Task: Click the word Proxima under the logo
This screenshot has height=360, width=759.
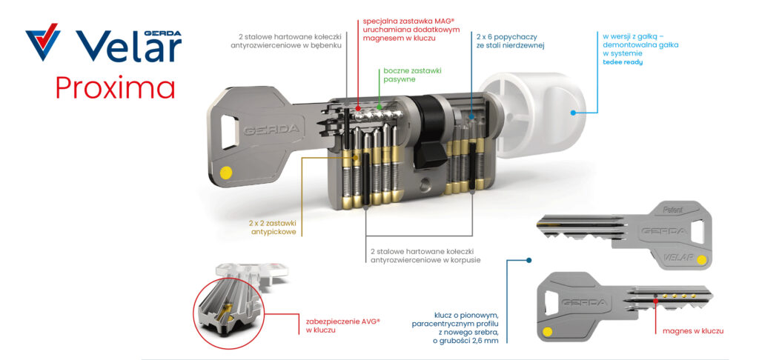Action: (115, 87)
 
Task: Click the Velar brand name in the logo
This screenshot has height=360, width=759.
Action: (129, 46)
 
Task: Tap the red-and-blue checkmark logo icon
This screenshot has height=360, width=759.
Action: (43, 42)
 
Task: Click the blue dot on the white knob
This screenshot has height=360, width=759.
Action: (573, 113)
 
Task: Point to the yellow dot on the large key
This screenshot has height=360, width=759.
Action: (225, 173)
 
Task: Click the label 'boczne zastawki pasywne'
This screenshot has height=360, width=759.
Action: (412, 75)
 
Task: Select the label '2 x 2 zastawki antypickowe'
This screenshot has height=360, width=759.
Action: (273, 228)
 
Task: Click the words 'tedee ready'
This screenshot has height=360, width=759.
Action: (623, 62)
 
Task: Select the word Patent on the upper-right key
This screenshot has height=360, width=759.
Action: (673, 211)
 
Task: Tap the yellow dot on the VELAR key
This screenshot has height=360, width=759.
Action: (701, 260)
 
